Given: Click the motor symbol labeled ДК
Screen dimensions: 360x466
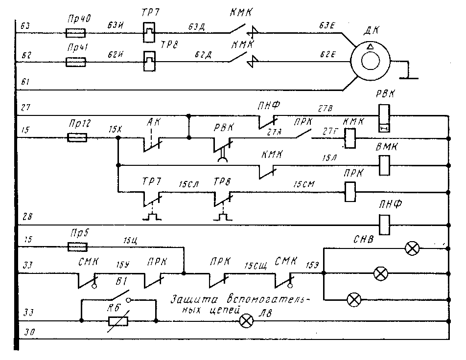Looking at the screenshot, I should coord(370,63).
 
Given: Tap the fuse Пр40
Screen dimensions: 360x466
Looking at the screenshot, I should coord(76,33).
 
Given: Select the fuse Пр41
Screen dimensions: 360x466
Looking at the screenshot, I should coord(76,62).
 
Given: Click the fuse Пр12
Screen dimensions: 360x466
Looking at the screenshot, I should coord(77,138).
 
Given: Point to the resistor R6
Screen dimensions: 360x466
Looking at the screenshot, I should coord(118,321).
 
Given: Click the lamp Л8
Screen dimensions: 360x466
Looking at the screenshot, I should coord(245,321).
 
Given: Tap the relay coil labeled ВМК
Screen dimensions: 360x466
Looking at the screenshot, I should coord(384,165).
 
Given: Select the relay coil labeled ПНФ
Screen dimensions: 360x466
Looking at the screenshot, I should coord(384,225).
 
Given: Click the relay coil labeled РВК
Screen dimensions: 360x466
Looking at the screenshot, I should coord(384,117).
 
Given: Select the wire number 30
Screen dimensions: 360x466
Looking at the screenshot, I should coord(25,333).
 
